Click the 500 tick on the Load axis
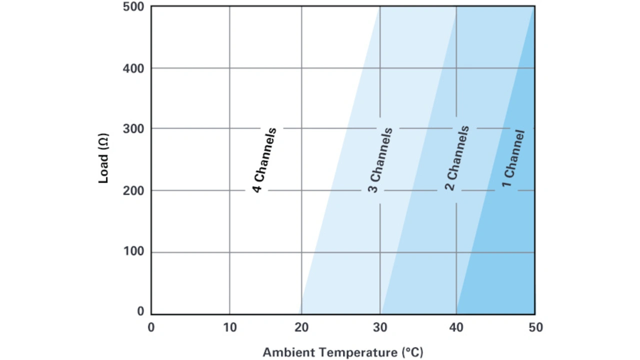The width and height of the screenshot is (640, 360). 133,7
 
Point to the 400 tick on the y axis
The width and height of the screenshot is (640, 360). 133,68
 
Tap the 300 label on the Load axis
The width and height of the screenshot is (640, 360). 133,128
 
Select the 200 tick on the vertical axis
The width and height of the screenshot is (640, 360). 133,190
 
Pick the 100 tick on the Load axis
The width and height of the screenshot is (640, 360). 133,252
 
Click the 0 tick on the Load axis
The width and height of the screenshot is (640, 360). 140,312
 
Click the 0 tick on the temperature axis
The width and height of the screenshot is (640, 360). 151,327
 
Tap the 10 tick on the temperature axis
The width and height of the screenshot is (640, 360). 229,327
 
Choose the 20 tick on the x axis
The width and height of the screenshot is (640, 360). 301,327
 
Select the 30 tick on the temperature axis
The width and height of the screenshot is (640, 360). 380,327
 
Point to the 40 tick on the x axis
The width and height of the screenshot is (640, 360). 456,327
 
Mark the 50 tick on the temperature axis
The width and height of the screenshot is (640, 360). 534,327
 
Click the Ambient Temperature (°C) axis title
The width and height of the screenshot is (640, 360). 343,352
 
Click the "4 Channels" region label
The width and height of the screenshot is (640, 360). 264,160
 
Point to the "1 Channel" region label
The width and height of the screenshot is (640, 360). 514,158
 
